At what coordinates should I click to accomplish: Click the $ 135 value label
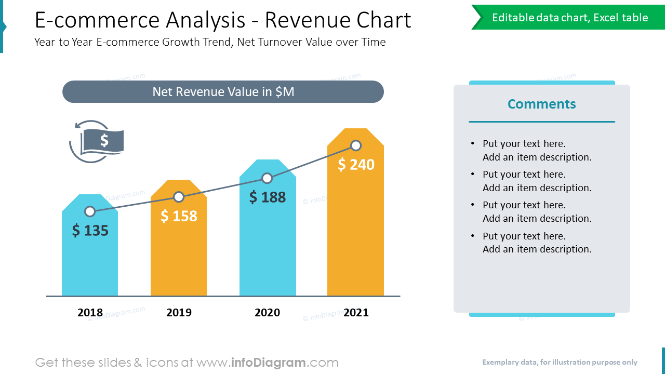pos(90,230)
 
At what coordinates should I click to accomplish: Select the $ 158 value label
pos(179,216)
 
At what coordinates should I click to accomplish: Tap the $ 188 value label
pos(268,197)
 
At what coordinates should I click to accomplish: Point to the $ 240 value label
pos(356,164)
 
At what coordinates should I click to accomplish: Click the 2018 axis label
pos(90,312)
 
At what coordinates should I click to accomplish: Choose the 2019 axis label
pos(179,312)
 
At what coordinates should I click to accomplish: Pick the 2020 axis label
pos(267,312)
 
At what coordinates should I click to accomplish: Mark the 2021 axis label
pos(356,312)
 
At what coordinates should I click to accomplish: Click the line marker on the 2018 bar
pos(90,211)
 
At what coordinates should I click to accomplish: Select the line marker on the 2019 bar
pos(179,197)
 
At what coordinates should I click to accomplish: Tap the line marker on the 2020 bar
pos(267,178)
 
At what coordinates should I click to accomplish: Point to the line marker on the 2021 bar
pos(356,145)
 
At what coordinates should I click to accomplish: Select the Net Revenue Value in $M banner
pos(223,92)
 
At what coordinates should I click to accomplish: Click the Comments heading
pos(541,104)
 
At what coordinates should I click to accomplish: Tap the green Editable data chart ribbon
pos(569,18)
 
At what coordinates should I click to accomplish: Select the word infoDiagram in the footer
pos(268,363)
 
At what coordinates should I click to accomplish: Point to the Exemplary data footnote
pos(559,363)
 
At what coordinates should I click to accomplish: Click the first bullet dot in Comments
pos(472,144)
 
